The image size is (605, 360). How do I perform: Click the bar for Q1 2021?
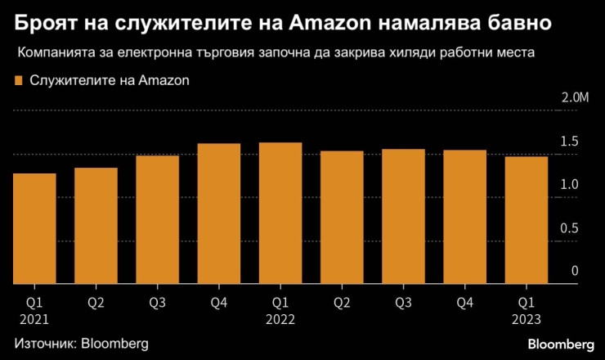click(34, 228)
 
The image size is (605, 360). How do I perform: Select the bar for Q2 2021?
click(96, 226)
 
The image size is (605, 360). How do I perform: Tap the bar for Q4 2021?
click(219, 214)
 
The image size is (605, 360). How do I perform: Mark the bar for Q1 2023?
click(527, 220)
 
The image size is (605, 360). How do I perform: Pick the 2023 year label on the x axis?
click(527, 321)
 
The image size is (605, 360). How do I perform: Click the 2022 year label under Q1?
click(280, 321)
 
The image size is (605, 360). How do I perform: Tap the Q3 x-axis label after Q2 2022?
click(403, 303)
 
